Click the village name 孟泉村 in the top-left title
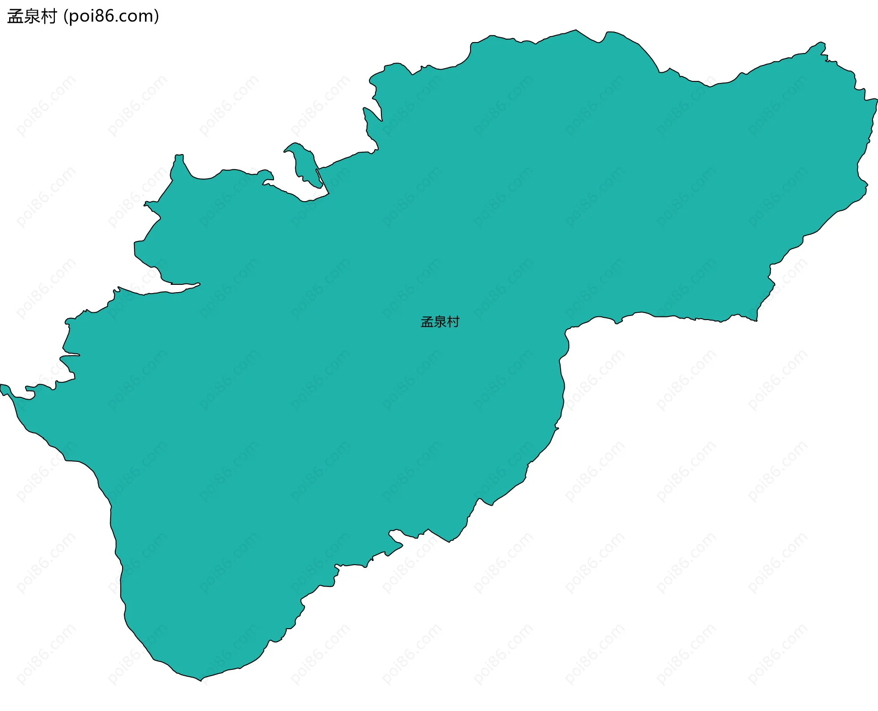(x=32, y=16)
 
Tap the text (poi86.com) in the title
(x=112, y=16)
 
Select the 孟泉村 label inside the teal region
(x=440, y=322)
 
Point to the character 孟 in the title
(x=15, y=16)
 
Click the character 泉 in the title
(x=32, y=16)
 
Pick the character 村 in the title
(x=48, y=16)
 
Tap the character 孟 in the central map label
(x=427, y=322)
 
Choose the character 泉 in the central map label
(x=440, y=322)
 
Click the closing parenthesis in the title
(x=157, y=16)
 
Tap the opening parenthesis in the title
(x=66, y=16)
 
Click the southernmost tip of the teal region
(x=201, y=680)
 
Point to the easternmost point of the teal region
(x=876, y=100)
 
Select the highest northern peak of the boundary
(x=576, y=31)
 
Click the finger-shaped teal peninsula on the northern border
(x=305, y=165)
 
